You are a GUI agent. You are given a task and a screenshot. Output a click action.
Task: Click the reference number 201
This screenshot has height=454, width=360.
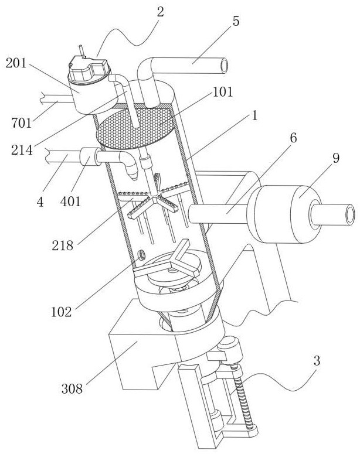[16, 63]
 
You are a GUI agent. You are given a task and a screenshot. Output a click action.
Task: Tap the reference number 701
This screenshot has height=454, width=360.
[22, 123]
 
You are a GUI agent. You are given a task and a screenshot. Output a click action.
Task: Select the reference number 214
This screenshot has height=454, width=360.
[22, 150]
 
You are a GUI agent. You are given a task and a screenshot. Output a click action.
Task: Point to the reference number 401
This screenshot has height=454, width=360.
[70, 201]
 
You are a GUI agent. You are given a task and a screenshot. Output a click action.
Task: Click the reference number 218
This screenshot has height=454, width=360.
[62, 245]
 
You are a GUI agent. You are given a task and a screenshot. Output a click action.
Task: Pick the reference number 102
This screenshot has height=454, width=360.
[61, 312]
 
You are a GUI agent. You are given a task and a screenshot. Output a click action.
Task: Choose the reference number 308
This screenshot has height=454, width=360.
[72, 388]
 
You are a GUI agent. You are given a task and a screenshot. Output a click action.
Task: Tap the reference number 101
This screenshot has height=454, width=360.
[223, 92]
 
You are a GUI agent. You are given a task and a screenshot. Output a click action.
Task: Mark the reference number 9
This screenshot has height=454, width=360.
[335, 158]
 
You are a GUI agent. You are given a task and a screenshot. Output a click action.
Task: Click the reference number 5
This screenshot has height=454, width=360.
[236, 21]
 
